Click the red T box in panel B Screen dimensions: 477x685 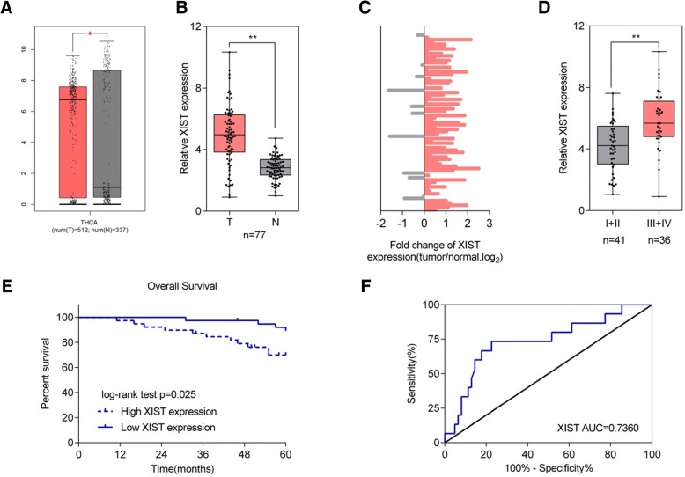(229, 133)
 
